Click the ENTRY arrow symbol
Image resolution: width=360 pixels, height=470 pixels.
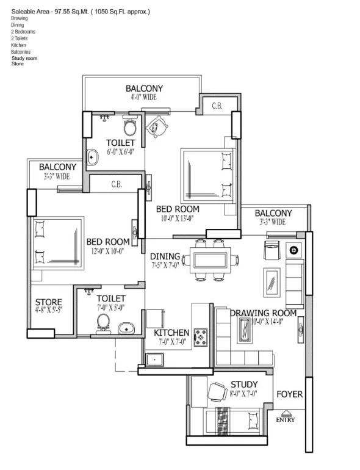[286, 413]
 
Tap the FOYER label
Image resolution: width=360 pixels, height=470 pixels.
[290, 394]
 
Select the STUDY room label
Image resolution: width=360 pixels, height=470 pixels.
[244, 385]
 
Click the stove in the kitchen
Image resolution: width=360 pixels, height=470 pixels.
[201, 338]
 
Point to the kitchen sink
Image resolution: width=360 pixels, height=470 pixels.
[155, 360]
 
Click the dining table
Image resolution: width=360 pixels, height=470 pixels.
[211, 260]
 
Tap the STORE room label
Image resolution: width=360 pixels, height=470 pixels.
[49, 302]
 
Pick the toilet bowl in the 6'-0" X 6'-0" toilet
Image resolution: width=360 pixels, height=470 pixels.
[131, 126]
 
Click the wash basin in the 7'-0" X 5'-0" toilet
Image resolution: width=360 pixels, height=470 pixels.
[126, 328]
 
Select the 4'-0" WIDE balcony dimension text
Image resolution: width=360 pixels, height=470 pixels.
[143, 97]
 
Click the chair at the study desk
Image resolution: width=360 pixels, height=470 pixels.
[217, 391]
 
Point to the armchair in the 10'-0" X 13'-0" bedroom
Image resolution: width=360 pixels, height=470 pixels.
[156, 126]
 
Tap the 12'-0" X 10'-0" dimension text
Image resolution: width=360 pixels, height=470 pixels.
[107, 251]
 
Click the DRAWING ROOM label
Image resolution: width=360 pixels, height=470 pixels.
[263, 313]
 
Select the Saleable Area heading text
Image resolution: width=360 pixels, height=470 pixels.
[81, 12]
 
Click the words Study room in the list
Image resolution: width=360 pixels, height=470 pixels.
[24, 58]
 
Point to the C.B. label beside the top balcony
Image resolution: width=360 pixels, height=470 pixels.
[217, 106]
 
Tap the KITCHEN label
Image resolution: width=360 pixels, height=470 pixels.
[171, 333]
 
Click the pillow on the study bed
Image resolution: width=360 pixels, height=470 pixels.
[253, 421]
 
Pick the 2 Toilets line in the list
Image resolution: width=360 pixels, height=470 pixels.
[20, 38]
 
